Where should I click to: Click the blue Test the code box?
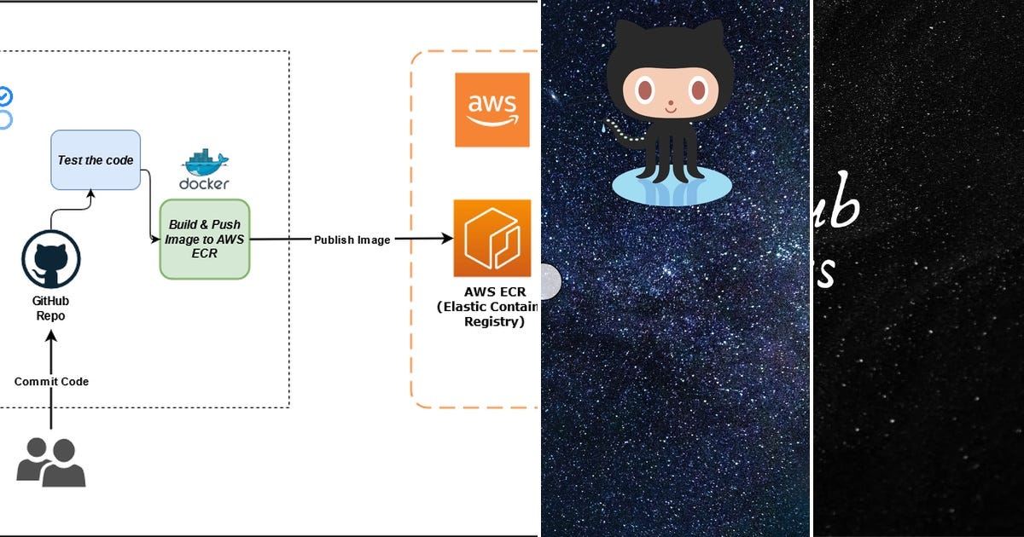(95, 159)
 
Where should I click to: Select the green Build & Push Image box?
(205, 239)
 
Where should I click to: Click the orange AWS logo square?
(492, 110)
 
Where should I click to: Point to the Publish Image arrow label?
(352, 240)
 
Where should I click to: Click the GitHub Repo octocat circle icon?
(50, 259)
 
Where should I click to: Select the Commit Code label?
(51, 381)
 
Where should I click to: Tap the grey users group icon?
(51, 462)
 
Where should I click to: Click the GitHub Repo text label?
(50, 309)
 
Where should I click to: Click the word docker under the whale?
(204, 183)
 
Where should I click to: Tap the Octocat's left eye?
(644, 89)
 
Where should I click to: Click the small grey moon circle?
(550, 280)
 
